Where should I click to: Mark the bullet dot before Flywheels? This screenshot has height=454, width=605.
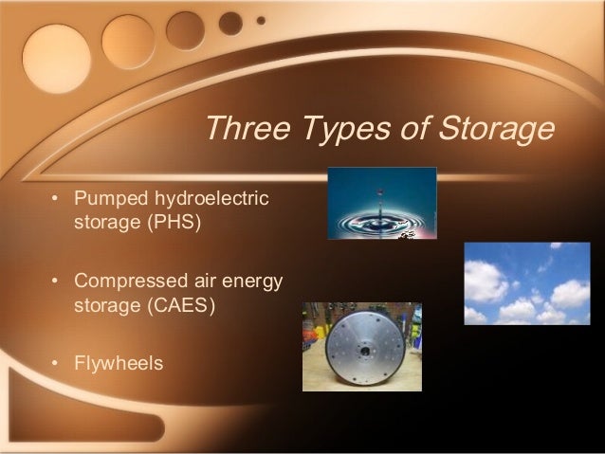click(56, 363)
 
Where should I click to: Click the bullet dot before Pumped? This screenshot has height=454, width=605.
click(56, 201)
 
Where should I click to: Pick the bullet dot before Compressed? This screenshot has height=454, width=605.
click(56, 282)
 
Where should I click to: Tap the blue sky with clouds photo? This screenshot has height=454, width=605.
click(526, 283)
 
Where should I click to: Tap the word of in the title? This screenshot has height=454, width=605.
click(412, 128)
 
